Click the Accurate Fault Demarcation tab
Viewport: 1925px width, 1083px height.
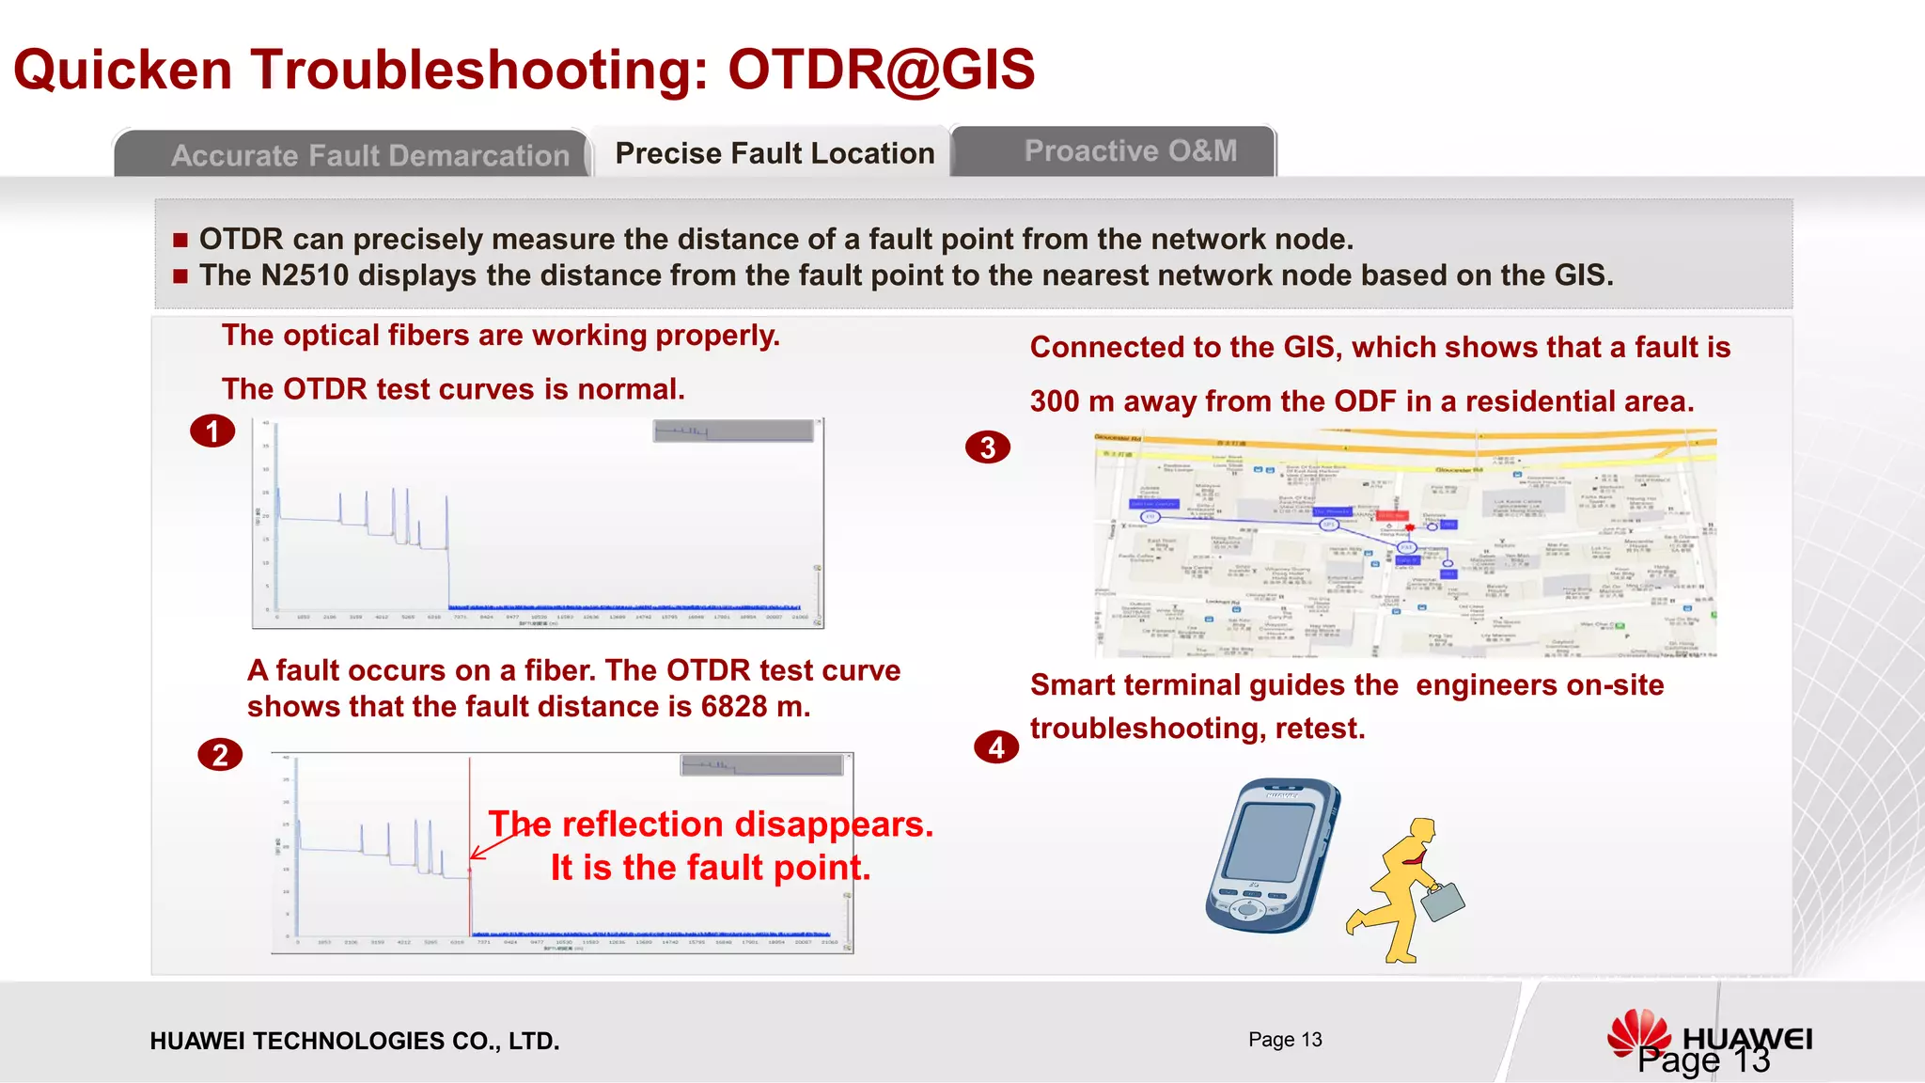click(369, 155)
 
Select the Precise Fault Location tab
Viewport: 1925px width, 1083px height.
click(775, 153)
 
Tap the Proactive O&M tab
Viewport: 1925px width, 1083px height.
click(1130, 151)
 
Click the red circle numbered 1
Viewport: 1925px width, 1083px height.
click(212, 432)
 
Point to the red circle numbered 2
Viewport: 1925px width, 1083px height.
click(220, 755)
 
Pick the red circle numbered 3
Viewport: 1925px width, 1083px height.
click(988, 447)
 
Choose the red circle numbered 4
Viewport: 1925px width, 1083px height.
click(996, 747)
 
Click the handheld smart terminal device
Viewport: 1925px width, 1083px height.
click(1272, 855)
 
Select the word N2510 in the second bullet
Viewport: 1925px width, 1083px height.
click(305, 275)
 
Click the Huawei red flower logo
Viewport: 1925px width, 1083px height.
click(1639, 1033)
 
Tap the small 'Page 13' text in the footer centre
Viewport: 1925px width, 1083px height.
click(1285, 1040)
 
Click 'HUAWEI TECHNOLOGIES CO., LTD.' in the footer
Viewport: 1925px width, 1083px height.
click(354, 1042)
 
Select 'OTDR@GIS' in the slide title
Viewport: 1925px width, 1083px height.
click(881, 70)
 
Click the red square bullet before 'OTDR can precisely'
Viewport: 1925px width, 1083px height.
click(180, 241)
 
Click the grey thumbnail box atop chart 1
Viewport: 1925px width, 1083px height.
click(733, 432)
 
